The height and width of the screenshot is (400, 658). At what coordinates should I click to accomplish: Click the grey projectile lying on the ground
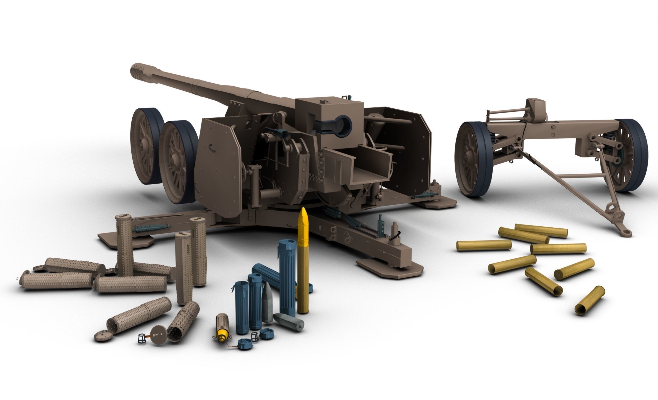[289, 322]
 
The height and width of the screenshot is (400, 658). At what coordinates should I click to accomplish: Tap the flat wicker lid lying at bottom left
[104, 335]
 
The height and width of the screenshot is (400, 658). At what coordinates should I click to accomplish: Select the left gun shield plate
[218, 166]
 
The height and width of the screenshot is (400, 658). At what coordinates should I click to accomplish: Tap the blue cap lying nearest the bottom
[244, 345]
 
